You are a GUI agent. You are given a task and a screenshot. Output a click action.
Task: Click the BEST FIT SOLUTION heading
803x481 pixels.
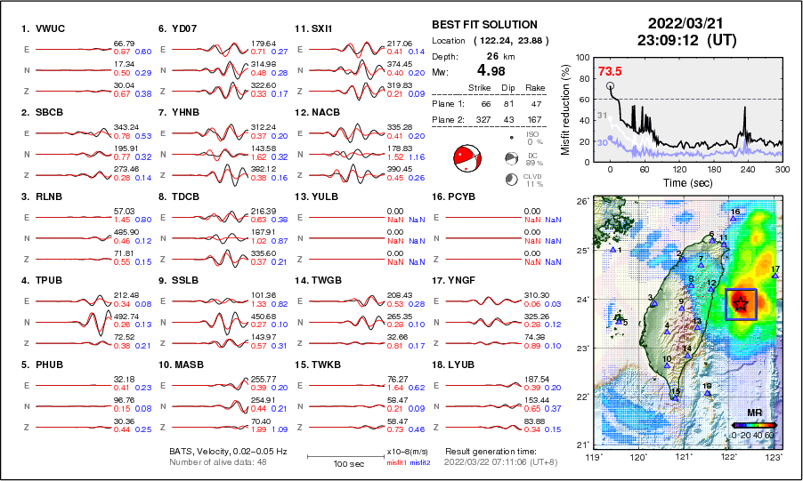tap(484, 25)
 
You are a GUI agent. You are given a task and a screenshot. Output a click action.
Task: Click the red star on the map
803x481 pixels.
tap(741, 304)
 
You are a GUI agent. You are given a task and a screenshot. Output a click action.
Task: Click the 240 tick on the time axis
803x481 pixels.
tap(748, 169)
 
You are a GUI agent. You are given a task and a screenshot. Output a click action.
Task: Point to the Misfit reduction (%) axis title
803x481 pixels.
tap(564, 107)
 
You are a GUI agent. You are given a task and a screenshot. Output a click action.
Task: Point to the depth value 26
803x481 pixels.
tap(490, 55)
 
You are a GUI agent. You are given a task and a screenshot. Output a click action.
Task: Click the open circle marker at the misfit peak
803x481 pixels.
tap(611, 86)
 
